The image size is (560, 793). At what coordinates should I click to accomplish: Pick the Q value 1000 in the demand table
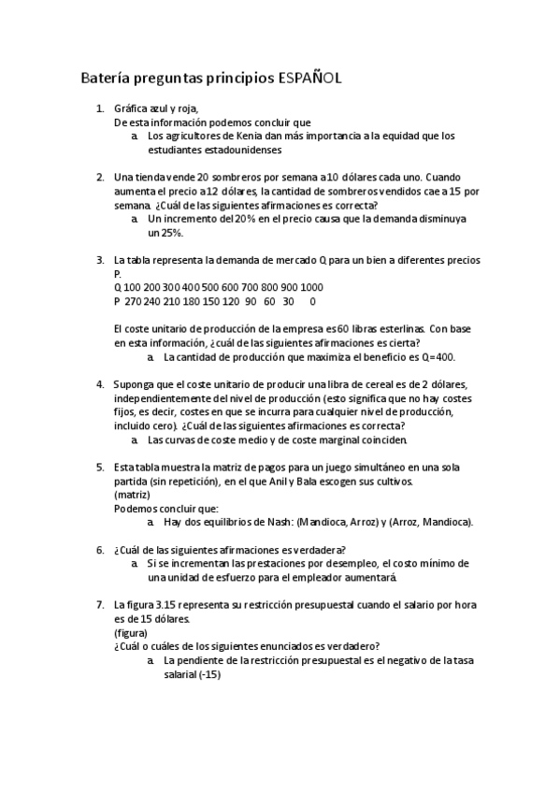coord(312,287)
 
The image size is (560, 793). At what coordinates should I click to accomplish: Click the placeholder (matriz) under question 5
coord(131,494)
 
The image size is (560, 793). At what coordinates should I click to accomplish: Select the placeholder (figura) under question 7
coord(130,632)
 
